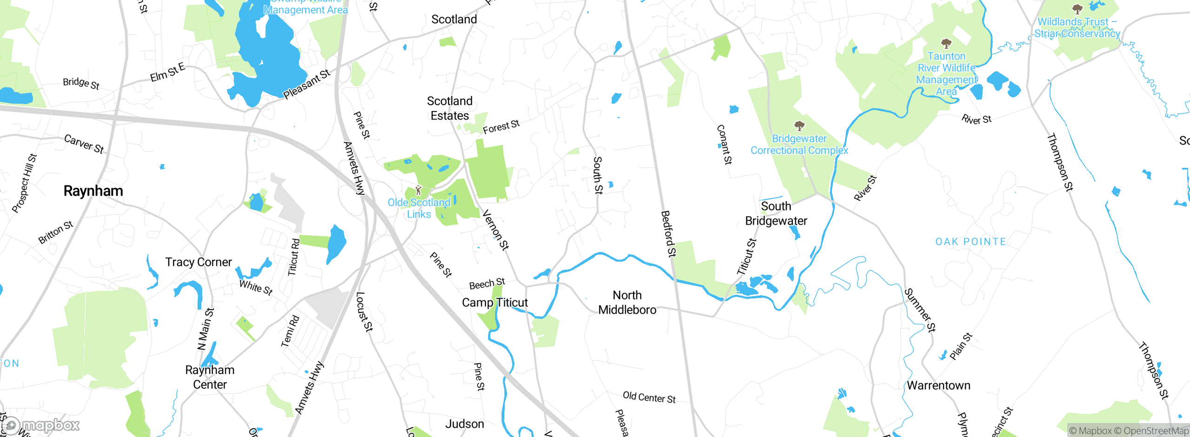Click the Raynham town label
pos(93,191)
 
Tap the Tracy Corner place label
pos(198,262)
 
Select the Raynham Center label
pos(210,377)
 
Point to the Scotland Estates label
pos(450,108)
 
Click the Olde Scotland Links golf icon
pos(418,190)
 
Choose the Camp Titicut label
pos(495,303)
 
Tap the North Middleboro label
pos(627,303)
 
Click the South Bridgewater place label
pos(776,213)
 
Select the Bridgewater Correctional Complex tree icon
pos(799,126)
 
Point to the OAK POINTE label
pos(971,242)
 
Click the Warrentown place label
pos(939,385)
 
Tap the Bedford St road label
pos(668,234)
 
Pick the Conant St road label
pos(724,145)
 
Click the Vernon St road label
pos(496,230)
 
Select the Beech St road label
pos(487,284)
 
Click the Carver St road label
pos(84,144)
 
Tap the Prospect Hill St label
pos(24,183)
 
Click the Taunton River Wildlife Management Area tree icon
pos(946,44)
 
